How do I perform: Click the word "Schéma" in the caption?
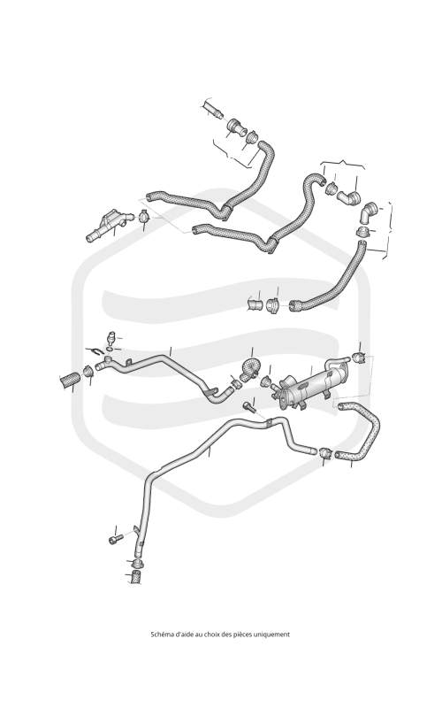160,635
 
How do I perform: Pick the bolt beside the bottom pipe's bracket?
116,539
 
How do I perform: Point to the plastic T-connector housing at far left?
109,225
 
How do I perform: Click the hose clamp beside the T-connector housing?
144,216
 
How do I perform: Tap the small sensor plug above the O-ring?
111,338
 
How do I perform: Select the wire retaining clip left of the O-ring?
96,350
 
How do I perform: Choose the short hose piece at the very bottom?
135,578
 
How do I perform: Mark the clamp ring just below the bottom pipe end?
137,564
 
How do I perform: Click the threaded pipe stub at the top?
212,110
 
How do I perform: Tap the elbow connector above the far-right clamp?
369,212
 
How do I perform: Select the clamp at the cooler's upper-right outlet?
359,358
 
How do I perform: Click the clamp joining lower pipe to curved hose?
325,452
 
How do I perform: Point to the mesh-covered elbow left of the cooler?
249,369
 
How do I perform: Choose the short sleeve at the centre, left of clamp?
255,304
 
